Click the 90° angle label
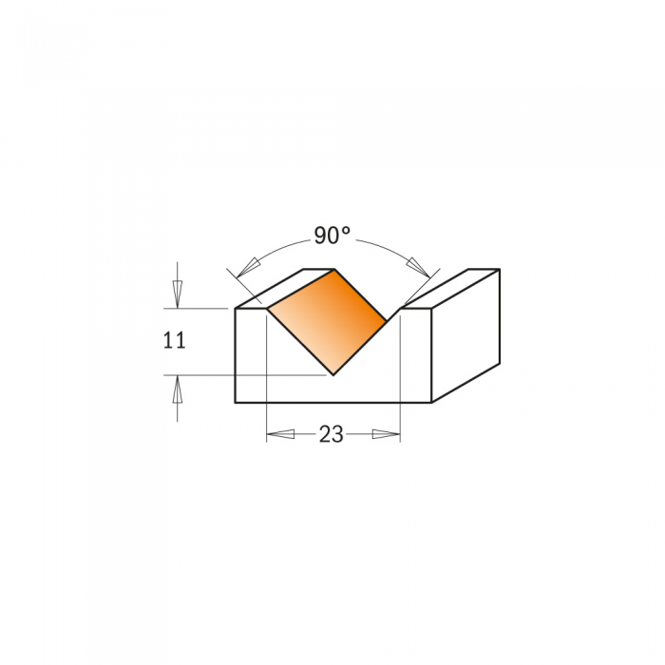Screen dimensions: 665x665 click(x=332, y=236)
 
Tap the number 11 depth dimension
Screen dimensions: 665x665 click(x=174, y=340)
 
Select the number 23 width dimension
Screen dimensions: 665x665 click(x=332, y=434)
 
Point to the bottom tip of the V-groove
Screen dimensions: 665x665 click(x=333, y=375)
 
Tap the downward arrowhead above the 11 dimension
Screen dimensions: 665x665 click(x=178, y=294)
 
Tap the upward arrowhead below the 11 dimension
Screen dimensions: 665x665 click(x=178, y=389)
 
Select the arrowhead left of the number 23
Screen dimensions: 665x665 click(x=280, y=434)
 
